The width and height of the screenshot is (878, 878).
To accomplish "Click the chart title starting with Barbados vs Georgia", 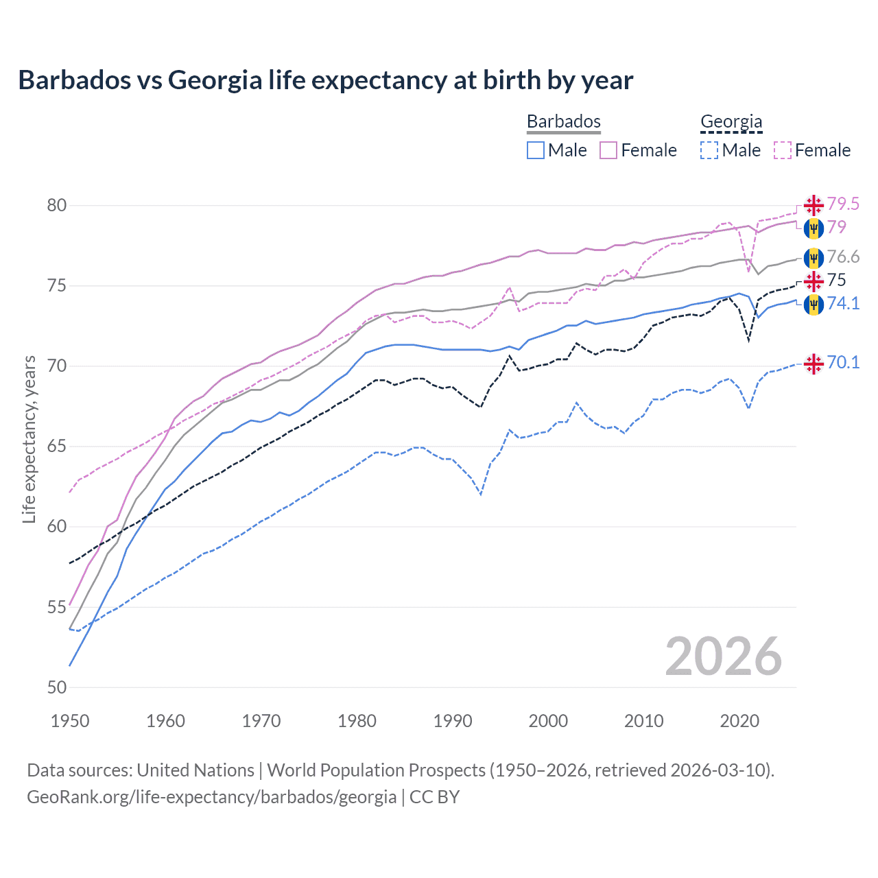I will coord(325,80).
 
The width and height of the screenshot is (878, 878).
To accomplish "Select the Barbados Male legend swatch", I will coord(536,150).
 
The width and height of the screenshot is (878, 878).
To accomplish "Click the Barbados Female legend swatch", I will coord(608,150).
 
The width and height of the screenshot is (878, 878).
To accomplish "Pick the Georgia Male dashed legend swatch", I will coord(709,150).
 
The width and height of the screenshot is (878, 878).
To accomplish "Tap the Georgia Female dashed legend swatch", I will coord(783,150).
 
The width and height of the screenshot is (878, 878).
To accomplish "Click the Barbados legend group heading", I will coord(563,121).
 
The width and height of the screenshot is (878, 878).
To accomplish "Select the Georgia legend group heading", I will coord(731,121).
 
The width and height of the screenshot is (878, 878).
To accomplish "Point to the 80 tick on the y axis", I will coord(57,205).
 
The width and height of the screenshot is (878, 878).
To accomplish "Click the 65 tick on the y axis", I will coord(57,447).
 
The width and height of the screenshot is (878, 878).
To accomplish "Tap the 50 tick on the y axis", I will coord(57,687).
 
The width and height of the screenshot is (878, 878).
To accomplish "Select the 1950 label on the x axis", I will coord(70,721).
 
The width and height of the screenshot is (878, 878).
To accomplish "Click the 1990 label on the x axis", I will coord(453,721).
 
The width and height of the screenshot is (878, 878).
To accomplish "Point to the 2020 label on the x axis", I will coord(739,721).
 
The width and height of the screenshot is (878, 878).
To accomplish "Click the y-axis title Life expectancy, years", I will coord(29,439).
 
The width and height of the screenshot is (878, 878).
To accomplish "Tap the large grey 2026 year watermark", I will coord(723,656).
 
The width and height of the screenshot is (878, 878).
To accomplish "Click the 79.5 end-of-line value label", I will coord(843,204).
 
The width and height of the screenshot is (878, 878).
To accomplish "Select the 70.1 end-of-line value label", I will coord(843,362).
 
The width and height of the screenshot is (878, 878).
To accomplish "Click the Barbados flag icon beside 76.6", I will coord(814,258).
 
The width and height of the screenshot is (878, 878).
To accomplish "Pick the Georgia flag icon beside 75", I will coord(814,281).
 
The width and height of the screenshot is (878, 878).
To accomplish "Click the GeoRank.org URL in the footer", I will coord(211,797).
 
